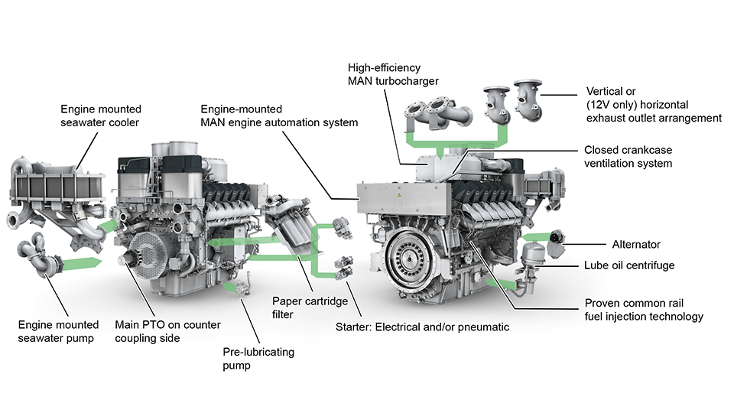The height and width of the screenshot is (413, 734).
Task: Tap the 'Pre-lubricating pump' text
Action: [x=258, y=359]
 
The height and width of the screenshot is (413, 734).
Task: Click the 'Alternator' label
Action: [x=635, y=245]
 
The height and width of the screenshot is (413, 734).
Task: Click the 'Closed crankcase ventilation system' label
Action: [x=628, y=157]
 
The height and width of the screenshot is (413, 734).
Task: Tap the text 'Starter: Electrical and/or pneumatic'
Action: [x=422, y=328]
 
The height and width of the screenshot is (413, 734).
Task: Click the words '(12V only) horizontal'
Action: [x=638, y=104]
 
